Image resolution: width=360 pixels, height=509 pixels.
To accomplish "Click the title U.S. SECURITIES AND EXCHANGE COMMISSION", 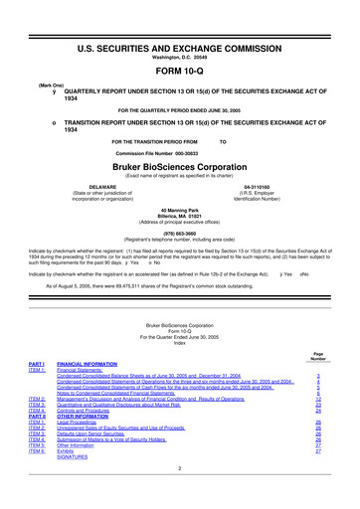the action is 179,36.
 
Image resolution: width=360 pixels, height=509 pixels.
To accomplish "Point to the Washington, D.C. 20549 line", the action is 179,47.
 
